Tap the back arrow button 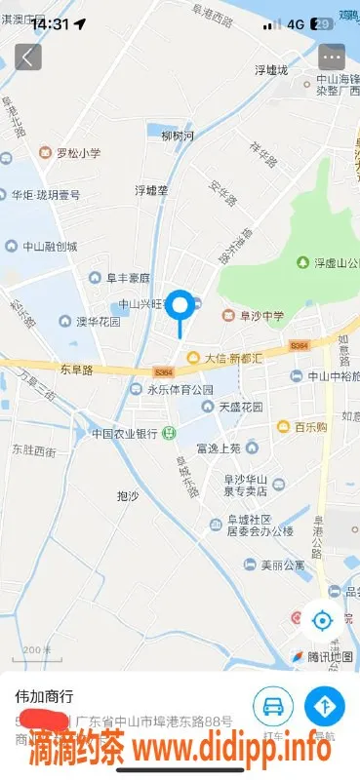27,57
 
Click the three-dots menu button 332,57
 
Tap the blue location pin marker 180,307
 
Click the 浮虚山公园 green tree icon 302,262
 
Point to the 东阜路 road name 75,370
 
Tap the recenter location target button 322,618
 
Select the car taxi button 273,704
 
